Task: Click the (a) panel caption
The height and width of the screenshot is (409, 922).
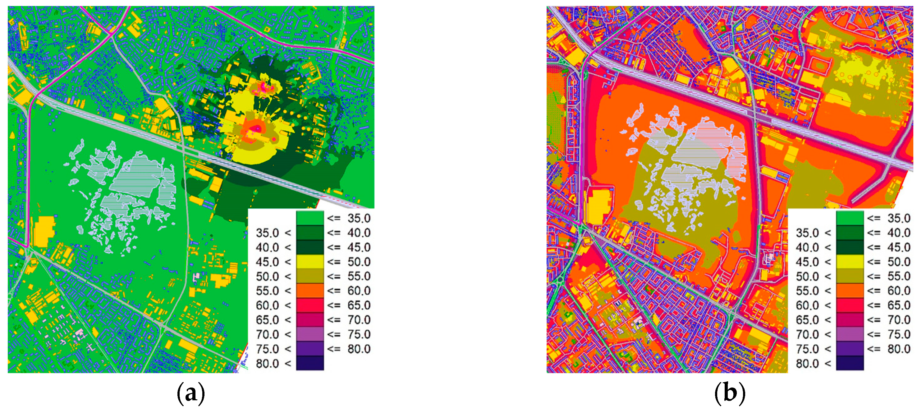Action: [x=191, y=393]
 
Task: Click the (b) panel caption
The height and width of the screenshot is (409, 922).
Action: [x=730, y=393]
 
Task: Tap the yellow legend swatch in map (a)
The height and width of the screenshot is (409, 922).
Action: [x=310, y=262]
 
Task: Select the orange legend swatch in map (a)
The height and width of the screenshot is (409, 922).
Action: [x=310, y=291]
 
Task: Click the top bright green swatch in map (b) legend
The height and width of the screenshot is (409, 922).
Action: [x=850, y=218]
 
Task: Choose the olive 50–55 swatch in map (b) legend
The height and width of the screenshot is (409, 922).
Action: [x=850, y=276]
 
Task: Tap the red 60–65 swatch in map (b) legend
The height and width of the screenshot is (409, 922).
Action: [x=850, y=305]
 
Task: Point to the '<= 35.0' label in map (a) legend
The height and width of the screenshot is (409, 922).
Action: [x=349, y=218]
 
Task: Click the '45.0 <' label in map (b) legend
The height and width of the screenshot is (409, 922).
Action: [x=813, y=262]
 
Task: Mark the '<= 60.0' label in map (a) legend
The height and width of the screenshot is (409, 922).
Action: [x=349, y=291]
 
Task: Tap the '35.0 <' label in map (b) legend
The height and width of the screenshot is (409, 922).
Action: [x=813, y=233]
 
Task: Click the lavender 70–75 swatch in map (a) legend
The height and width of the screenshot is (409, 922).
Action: [x=310, y=334]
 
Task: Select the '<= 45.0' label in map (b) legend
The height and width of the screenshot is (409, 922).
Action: [x=888, y=247]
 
